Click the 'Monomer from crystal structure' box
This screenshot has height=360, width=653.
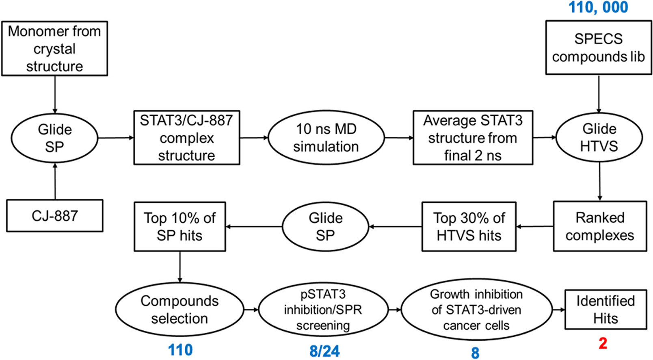pyautogui.click(x=54, y=48)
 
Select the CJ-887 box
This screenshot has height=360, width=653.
pyautogui.click(x=55, y=216)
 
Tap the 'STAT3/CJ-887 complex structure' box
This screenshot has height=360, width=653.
pyautogui.click(x=187, y=138)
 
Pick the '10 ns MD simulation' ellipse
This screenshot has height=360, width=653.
pyautogui.click(x=326, y=138)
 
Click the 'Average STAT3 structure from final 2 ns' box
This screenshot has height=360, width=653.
pyautogui.click(x=473, y=138)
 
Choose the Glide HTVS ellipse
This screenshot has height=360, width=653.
pyautogui.click(x=599, y=137)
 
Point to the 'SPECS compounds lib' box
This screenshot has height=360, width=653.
pyautogui.click(x=599, y=48)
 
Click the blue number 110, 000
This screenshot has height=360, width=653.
pyautogui.click(x=598, y=7)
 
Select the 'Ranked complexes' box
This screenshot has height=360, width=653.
pyautogui.click(x=600, y=226)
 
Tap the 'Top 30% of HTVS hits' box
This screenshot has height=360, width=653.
pyautogui.click(x=469, y=227)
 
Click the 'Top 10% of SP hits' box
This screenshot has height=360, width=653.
pyautogui.click(x=180, y=227)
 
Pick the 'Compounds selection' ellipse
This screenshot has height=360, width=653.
pyautogui.click(x=179, y=309)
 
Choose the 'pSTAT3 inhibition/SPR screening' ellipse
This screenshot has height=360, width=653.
pyautogui.click(x=323, y=310)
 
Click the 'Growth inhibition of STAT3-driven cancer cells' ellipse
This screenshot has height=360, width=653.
pyautogui.click(x=476, y=310)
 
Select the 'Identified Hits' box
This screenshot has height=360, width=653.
pyautogui.click(x=606, y=310)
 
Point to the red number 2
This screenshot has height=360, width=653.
pyautogui.click(x=603, y=343)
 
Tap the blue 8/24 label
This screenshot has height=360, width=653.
pyautogui.click(x=324, y=351)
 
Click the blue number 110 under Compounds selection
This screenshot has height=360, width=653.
pyautogui.click(x=180, y=350)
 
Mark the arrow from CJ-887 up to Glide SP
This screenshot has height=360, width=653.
pyautogui.click(x=55, y=181)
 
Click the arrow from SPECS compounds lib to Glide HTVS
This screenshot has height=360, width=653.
pyautogui.click(x=599, y=94)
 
